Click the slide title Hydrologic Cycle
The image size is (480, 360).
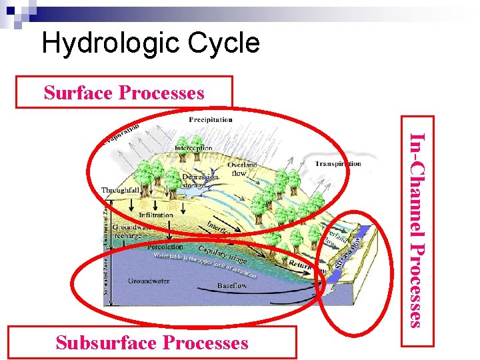(x=150, y=44)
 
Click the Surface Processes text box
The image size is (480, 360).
(x=124, y=93)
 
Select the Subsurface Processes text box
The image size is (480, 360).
(x=152, y=343)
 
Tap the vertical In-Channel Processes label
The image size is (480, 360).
(x=416, y=230)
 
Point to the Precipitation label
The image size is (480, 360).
(x=211, y=120)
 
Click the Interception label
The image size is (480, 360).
(x=193, y=148)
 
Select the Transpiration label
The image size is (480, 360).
(x=337, y=163)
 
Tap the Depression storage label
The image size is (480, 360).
(x=201, y=181)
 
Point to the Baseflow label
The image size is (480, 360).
(x=232, y=285)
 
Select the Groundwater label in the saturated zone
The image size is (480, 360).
(x=148, y=281)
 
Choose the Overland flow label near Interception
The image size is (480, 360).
(x=241, y=169)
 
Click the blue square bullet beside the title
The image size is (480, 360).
(x=11, y=9)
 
